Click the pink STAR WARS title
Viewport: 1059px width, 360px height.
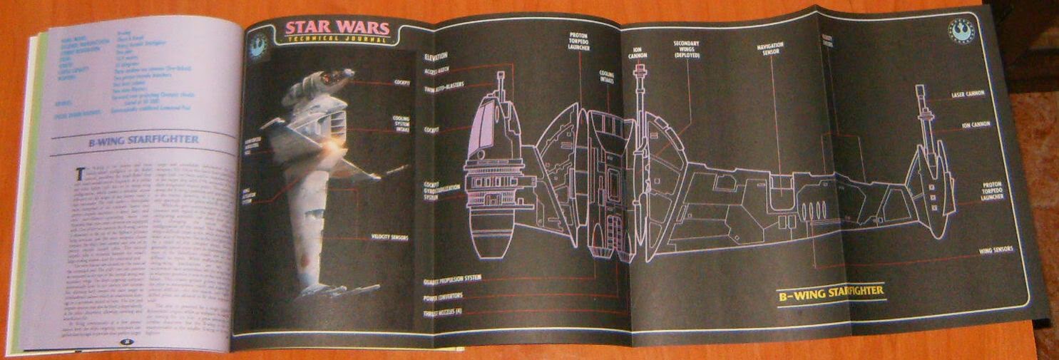tap(337, 28)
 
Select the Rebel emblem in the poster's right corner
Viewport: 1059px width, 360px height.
tap(959, 29)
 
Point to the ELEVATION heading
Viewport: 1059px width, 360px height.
tap(436, 56)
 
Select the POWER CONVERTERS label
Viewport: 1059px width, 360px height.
tap(443, 295)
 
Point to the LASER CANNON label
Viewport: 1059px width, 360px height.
tap(968, 93)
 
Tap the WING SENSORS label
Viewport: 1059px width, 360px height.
tap(995, 251)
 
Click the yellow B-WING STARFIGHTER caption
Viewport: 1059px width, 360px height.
tap(830, 291)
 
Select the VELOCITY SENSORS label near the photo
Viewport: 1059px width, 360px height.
tap(389, 237)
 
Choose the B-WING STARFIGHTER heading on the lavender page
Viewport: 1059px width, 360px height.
tap(143, 140)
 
